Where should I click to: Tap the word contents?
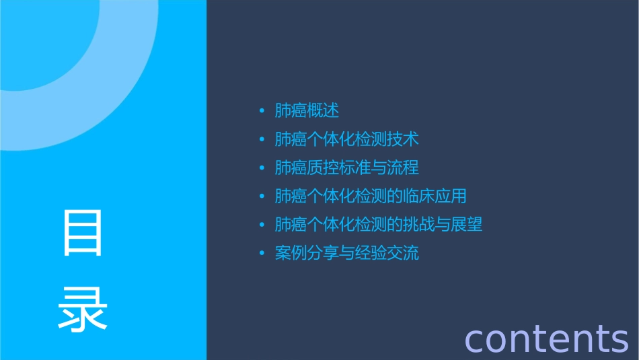pyautogui.click(x=546, y=338)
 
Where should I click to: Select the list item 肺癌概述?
pyautogui.click(x=307, y=110)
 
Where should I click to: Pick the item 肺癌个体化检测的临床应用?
pyautogui.click(x=371, y=196)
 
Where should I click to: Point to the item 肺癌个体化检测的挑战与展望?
pyautogui.click(x=379, y=225)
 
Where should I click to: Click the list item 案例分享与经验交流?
pyautogui.click(x=346, y=254)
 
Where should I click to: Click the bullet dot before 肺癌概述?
pyautogui.click(x=262, y=111)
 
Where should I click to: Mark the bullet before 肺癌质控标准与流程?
pyautogui.click(x=262, y=168)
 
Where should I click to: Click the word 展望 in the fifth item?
pyautogui.click(x=467, y=225)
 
